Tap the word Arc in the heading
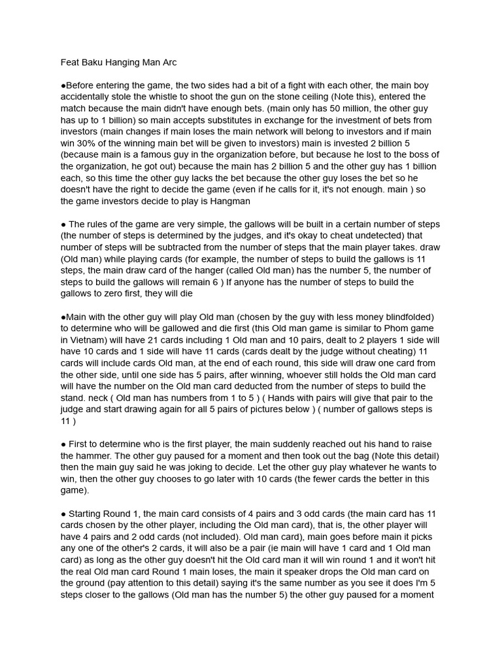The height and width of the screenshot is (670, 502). [168, 62]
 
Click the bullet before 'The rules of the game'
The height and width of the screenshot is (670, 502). [63, 224]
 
